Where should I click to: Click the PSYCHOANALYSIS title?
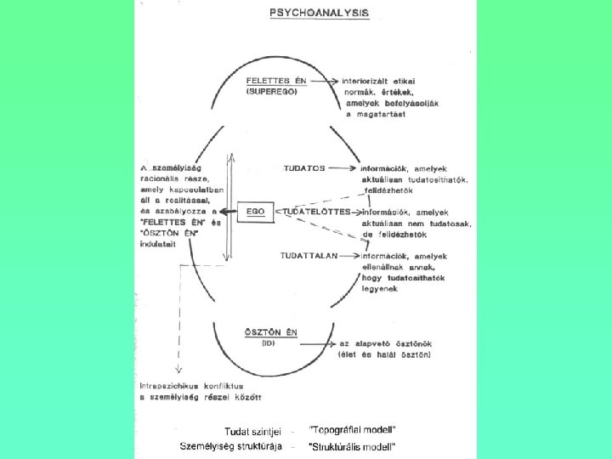click(319, 14)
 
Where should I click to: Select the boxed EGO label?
click(254, 211)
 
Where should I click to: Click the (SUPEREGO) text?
click(272, 91)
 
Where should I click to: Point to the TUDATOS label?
click(305, 168)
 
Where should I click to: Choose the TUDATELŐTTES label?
click(316, 211)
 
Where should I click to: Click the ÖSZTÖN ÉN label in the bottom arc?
click(263, 333)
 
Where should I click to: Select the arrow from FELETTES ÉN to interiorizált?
click(326, 81)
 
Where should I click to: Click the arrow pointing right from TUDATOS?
click(342, 168)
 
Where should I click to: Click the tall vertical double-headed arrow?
click(228, 207)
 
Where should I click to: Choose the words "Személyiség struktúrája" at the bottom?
click(231, 446)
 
